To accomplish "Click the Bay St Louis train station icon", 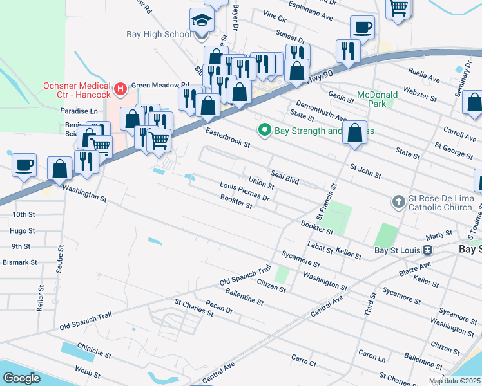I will point(427,250).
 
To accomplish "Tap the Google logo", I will point(21,378).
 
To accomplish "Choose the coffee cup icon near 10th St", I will point(24,165).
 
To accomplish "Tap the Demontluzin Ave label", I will point(322,111).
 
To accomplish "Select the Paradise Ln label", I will point(80,111).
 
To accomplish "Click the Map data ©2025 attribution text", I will point(455,381).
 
